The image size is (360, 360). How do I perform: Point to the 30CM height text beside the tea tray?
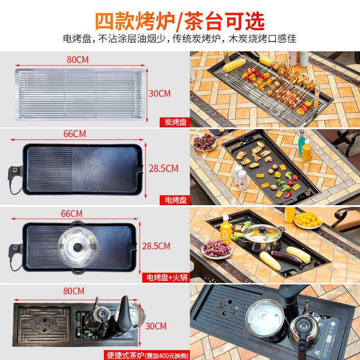157,325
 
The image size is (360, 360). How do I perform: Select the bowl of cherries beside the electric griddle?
204,144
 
